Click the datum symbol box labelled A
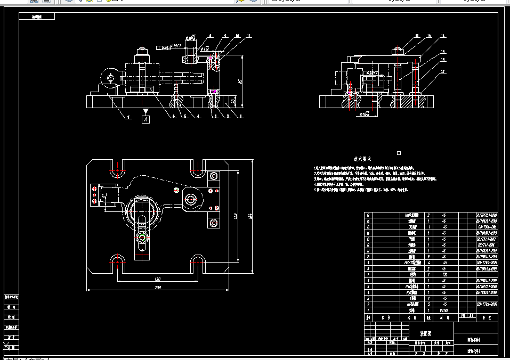click(145, 120)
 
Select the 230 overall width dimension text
click(158, 288)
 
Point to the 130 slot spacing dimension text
click(157, 279)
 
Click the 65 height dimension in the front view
click(240, 81)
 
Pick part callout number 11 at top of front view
click(249, 36)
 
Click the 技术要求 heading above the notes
click(363, 159)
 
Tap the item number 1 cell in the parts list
click(367, 310)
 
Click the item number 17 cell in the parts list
click(367, 215)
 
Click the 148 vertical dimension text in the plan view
click(235, 215)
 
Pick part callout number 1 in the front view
click(240, 115)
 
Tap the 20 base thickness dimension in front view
click(233, 101)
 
